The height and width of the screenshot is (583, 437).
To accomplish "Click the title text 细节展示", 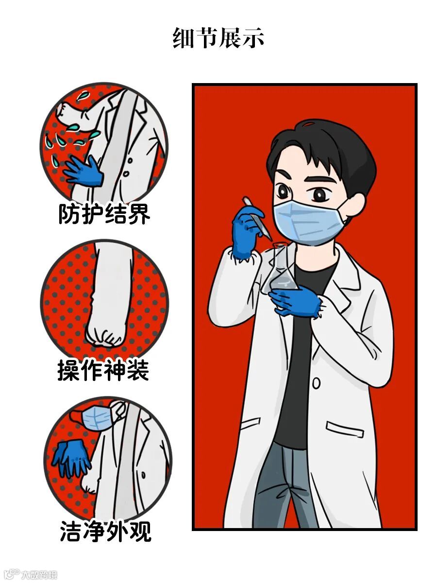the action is pos(218,38).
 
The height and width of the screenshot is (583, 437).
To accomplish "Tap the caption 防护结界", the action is pos(104,214).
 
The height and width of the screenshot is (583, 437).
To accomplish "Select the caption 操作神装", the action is pos(103,370).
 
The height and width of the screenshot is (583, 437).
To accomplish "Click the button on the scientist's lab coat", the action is pos(316,383).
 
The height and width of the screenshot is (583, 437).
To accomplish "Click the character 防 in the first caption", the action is pos(69,214).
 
